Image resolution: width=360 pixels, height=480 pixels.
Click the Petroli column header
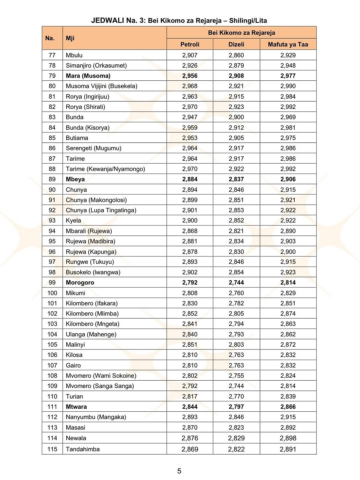[190, 44]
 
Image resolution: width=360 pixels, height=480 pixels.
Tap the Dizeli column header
[236, 44]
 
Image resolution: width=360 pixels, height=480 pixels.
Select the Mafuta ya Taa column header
[288, 44]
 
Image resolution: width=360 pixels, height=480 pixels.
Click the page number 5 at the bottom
[179, 471]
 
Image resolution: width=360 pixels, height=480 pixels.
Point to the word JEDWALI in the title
[108, 20]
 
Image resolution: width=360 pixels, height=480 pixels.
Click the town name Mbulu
[74, 55]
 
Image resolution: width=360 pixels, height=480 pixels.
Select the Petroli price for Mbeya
[190, 179]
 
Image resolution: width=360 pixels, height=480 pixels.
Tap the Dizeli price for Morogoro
[236, 283]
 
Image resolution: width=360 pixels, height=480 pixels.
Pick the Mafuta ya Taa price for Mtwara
[288, 407]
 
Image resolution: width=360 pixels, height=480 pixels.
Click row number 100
[52, 293]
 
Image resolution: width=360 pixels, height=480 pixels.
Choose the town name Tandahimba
[83, 449]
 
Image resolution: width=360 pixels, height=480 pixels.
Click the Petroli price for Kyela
[190, 221]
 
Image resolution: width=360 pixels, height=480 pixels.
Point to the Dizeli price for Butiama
[236, 138]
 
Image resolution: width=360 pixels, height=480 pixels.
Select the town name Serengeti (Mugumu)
[93, 148]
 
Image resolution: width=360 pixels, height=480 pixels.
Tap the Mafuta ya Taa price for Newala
[288, 438]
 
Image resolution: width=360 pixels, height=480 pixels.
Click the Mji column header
[70, 38]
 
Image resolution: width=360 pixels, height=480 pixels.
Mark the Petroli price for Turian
[190, 396]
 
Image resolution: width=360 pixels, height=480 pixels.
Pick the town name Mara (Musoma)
[88, 76]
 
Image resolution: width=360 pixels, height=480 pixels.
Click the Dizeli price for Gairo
[236, 365]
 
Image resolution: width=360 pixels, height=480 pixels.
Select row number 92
[52, 210]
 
